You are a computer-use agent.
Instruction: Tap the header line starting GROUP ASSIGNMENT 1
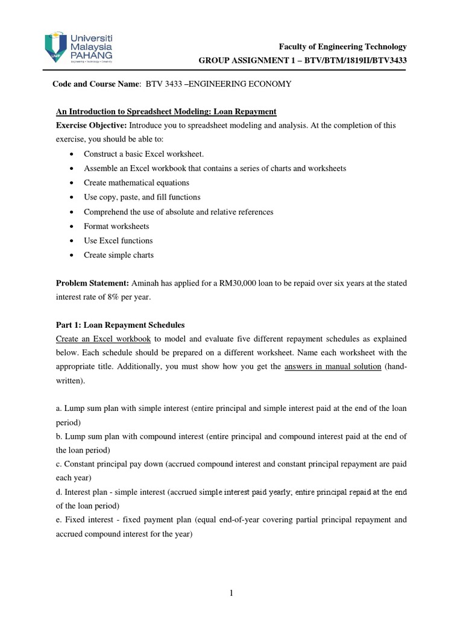[303, 60]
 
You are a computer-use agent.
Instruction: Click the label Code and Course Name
[96, 84]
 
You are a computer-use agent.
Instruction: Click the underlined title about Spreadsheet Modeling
[166, 111]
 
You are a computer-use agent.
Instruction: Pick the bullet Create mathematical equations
[136, 183]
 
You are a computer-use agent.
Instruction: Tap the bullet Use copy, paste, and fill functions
[142, 197]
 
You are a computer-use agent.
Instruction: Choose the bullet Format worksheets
[116, 226]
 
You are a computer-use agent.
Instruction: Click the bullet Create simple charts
[119, 255]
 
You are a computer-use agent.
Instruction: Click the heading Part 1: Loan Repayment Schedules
[121, 324]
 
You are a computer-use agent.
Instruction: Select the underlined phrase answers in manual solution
[332, 368]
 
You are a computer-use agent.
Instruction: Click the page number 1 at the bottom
[231, 594]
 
